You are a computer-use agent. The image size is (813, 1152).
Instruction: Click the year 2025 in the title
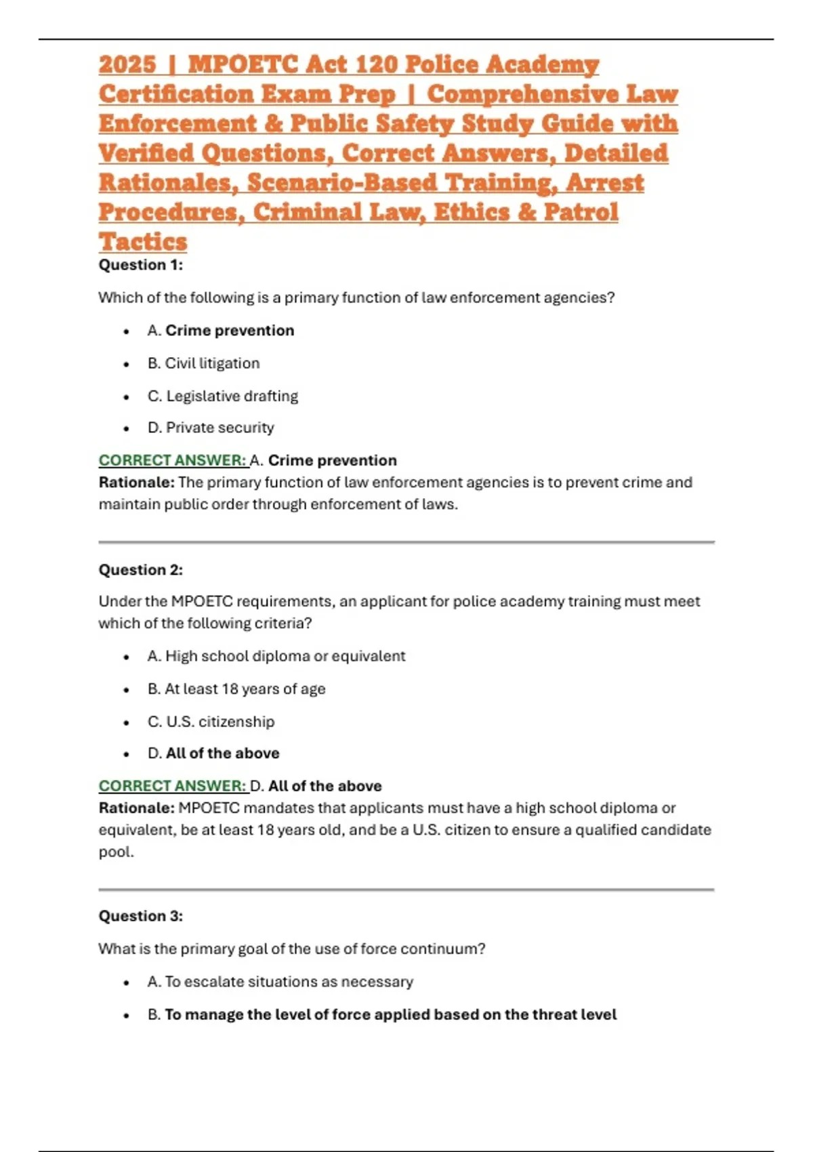[x=127, y=64]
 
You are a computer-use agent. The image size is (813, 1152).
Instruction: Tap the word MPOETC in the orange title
[x=243, y=64]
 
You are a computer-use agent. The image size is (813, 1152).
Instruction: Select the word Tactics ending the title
[x=143, y=242]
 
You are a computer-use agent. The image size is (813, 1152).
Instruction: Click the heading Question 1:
[x=141, y=265]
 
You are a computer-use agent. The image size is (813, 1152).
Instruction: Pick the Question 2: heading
[x=141, y=570]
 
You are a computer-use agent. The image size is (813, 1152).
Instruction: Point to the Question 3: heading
[x=141, y=916]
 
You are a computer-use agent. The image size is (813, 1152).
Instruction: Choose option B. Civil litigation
[x=203, y=363]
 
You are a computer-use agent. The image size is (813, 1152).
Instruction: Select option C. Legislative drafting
[x=222, y=396]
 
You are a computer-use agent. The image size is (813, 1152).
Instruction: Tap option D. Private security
[x=211, y=428]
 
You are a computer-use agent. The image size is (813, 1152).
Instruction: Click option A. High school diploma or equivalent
[x=276, y=656]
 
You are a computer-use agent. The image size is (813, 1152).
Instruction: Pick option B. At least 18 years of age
[x=236, y=688]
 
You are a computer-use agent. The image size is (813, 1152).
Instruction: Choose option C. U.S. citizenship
[x=211, y=721]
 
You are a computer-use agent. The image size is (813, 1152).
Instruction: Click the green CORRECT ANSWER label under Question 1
[x=173, y=460]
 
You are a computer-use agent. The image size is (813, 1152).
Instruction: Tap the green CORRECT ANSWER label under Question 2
[x=173, y=786]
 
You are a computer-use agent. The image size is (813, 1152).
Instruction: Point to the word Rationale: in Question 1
[x=136, y=482]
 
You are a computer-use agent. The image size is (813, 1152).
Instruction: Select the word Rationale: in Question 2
[x=136, y=808]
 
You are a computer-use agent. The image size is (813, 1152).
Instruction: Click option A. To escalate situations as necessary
[x=280, y=981]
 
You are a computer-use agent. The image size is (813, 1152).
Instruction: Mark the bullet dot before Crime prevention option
[x=126, y=331]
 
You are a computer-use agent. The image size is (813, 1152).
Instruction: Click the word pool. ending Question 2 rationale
[x=116, y=852]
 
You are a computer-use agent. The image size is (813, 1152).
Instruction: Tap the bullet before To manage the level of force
[x=126, y=1015]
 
